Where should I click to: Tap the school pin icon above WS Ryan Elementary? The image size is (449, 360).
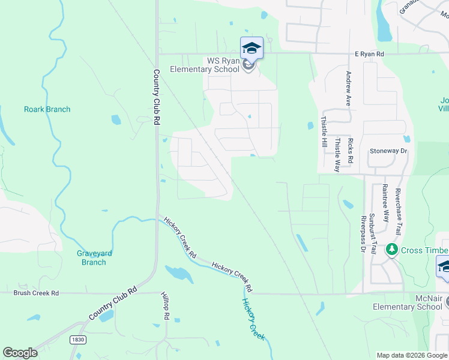pyautogui.click(x=252, y=49)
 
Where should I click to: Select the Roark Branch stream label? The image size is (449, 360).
pyautogui.click(x=47, y=109)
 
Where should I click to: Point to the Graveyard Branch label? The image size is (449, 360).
pyautogui.click(x=94, y=258)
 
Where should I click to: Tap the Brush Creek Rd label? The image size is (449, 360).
pyautogui.click(x=37, y=293)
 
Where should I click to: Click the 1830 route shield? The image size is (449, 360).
pyautogui.click(x=76, y=340)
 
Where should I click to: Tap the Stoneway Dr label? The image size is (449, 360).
pyautogui.click(x=388, y=151)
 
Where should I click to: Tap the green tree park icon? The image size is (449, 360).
pyautogui.click(x=392, y=249)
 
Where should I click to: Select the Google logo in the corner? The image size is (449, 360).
pyautogui.click(x=20, y=353)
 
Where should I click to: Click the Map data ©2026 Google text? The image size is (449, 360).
pyautogui.click(x=412, y=355)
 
